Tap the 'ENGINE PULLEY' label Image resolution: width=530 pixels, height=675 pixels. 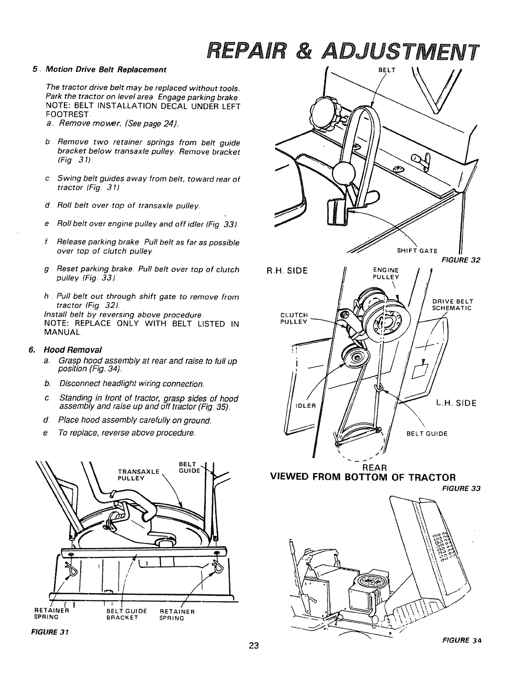click(x=386, y=273)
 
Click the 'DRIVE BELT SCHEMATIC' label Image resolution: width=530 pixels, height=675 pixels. click(x=452, y=305)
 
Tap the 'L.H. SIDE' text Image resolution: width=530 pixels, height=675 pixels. click(x=455, y=403)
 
